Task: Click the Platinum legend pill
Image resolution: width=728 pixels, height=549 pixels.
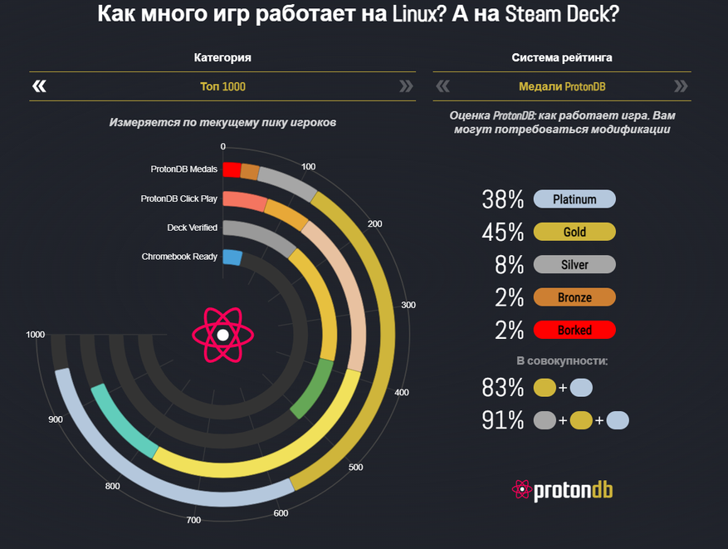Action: [x=574, y=200]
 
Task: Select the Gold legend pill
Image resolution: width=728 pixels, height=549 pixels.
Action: [x=574, y=233]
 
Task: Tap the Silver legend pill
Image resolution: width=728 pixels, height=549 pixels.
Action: [x=574, y=265]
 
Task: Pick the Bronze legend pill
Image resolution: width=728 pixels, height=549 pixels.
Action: [x=574, y=297]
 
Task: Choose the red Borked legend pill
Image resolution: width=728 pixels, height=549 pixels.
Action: [x=574, y=330]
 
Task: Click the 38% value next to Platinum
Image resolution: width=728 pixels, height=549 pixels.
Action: [x=503, y=200]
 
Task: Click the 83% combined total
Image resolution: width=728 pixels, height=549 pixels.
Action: [x=503, y=388]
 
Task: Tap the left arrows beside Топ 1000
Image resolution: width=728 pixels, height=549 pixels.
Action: [x=39, y=86]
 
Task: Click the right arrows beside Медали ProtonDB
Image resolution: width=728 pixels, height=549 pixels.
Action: [x=681, y=86]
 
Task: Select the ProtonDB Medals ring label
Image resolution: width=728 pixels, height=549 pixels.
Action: [x=183, y=169]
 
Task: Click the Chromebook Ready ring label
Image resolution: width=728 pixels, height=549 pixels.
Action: [x=179, y=257]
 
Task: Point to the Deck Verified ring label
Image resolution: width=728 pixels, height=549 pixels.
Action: [x=192, y=228]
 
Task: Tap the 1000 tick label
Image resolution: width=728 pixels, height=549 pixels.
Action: [x=35, y=335]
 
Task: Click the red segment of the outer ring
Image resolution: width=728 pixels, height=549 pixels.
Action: [x=232, y=169]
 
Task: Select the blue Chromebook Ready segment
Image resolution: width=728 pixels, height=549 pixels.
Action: [x=232, y=257]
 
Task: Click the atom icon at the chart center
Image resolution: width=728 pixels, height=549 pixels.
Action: [x=222, y=335]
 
